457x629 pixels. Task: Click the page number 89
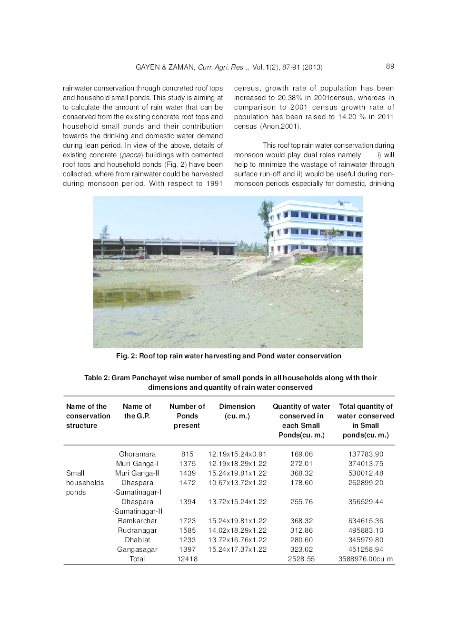point(390,66)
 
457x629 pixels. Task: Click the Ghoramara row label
point(137,454)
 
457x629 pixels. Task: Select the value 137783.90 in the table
point(366,454)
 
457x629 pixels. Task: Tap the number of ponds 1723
point(187,521)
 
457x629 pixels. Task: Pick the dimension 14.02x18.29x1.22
point(237,530)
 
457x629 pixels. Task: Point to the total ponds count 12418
point(187,559)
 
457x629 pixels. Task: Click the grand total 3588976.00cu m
point(366,559)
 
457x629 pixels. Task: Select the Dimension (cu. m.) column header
point(237,411)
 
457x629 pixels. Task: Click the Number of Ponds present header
point(187,416)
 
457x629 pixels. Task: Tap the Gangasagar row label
point(137,549)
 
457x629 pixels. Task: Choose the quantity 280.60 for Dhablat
point(301,540)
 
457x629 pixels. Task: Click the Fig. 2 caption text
point(228,356)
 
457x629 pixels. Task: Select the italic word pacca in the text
point(131,155)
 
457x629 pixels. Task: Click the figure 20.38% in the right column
point(290,98)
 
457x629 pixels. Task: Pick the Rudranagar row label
point(137,530)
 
